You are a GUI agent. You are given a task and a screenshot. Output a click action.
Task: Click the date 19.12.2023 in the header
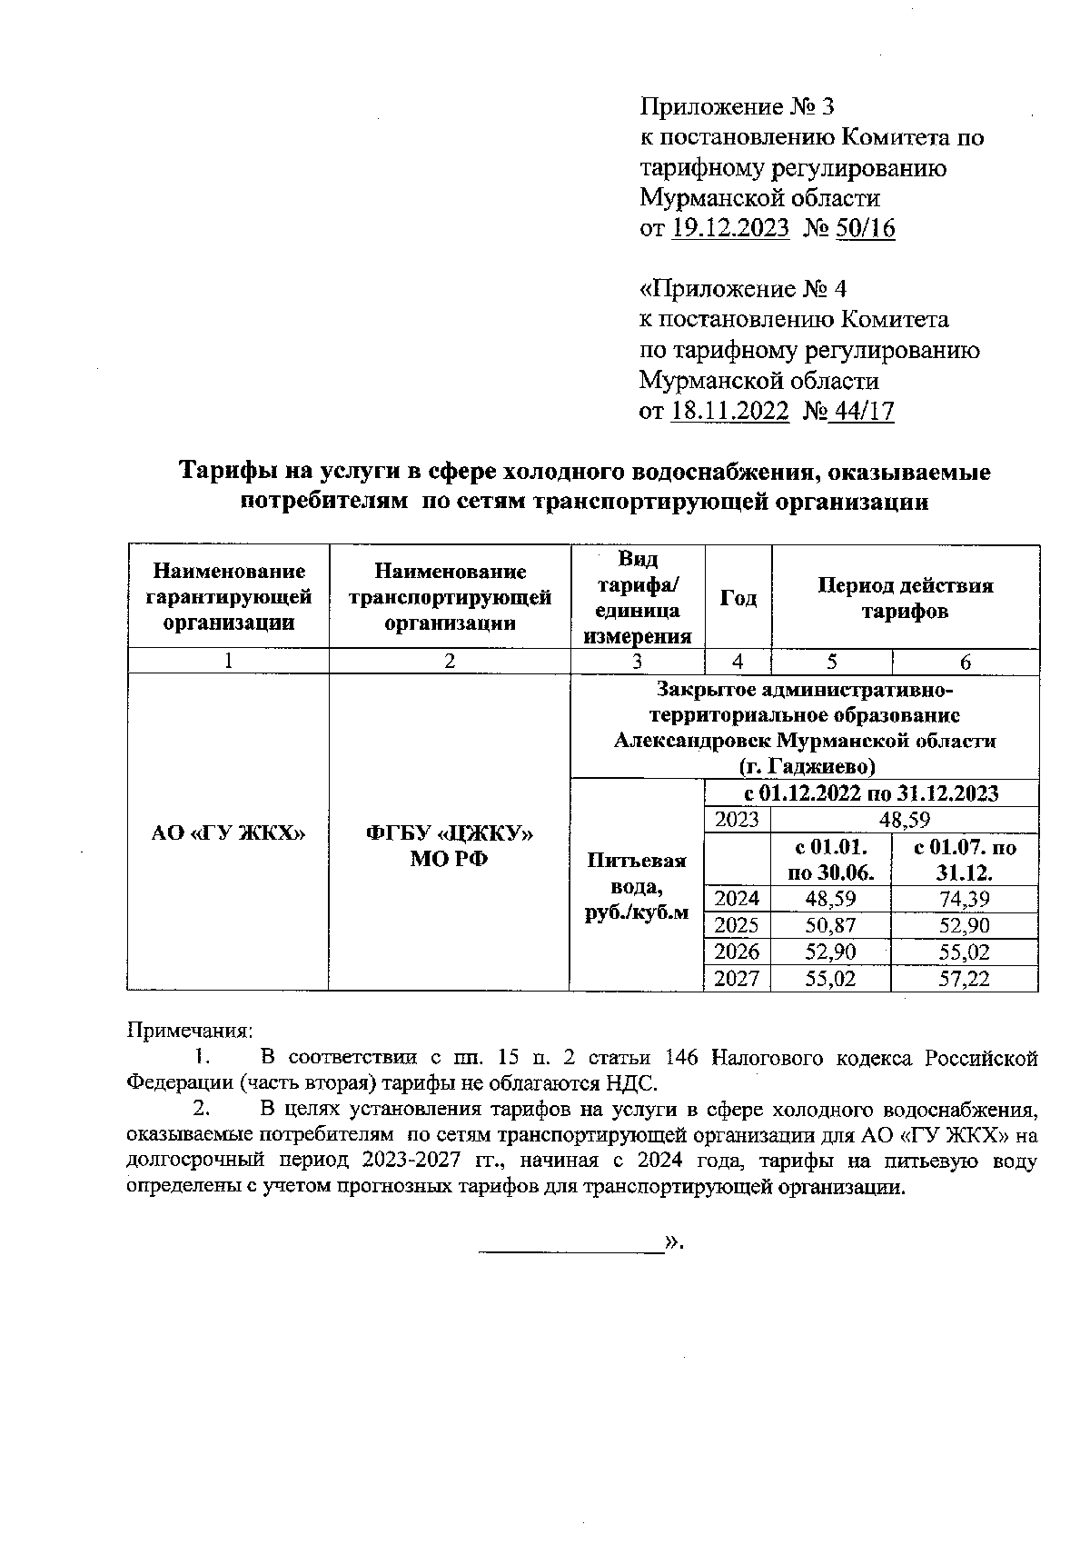point(730,228)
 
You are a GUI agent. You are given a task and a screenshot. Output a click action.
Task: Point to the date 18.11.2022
point(729,411)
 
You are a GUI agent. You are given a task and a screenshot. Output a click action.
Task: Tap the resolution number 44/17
point(863,411)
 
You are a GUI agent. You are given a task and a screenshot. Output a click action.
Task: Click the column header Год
point(738,597)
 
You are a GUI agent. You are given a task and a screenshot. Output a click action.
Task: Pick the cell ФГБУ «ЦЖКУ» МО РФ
point(449,845)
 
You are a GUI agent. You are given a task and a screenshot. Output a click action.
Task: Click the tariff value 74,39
point(965,900)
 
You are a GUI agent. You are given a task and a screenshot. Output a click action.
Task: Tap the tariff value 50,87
point(830,926)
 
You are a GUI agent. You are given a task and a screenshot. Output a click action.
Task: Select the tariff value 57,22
point(965,979)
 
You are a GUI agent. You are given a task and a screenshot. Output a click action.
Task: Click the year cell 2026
point(737,952)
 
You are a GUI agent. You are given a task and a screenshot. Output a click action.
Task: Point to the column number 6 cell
point(966,663)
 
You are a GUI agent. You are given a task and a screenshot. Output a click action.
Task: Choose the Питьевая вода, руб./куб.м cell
point(637,885)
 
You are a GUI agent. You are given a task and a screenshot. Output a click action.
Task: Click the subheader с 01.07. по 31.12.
point(965,861)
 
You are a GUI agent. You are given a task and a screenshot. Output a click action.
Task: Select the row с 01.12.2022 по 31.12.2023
point(871,793)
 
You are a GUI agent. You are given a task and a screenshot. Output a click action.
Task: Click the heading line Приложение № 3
point(737,107)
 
